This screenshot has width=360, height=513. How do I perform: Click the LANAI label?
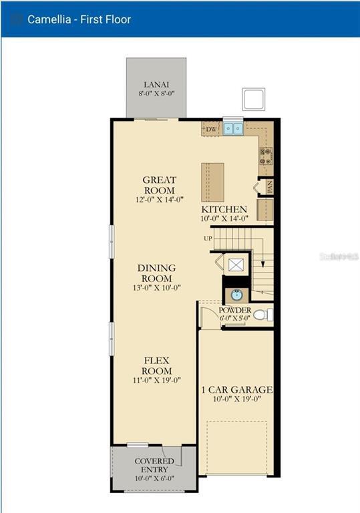point(156,85)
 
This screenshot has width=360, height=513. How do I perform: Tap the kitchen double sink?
point(233,128)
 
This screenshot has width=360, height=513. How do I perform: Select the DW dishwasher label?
point(211,129)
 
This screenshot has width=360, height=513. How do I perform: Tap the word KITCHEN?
point(224,209)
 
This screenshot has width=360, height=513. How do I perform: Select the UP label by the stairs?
point(208,238)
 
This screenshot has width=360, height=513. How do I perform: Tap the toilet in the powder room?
point(262,314)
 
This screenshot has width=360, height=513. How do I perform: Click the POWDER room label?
point(235,311)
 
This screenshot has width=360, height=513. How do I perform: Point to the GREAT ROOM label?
point(160,185)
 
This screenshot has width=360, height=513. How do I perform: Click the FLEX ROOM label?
point(157,366)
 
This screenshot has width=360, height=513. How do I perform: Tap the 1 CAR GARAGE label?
point(237,389)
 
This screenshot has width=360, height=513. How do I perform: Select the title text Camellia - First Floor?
point(79,19)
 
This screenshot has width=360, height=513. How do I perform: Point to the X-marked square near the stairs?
point(236,265)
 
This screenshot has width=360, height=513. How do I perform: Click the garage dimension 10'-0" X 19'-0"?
point(237,400)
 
